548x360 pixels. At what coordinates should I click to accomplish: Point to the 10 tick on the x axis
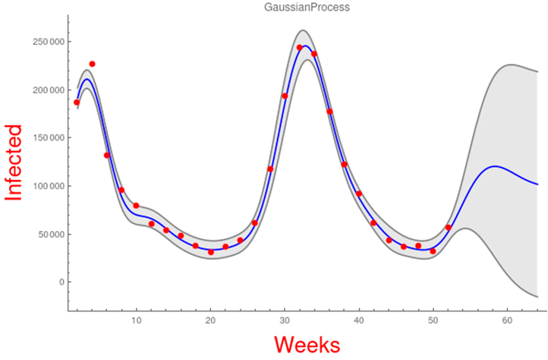[137, 321]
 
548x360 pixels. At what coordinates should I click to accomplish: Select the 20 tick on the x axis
[210, 321]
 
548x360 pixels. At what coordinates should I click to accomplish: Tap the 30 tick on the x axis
[285, 321]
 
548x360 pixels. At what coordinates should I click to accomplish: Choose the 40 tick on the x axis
[359, 321]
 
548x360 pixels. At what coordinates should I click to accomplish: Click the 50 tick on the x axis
[433, 321]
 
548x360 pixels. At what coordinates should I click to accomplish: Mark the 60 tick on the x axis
[507, 321]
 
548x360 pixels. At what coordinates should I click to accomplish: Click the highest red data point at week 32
[300, 48]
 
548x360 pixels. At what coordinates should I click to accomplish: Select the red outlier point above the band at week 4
[92, 64]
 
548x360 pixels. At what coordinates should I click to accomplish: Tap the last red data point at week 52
[449, 228]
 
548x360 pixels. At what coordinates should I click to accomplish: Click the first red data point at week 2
[77, 103]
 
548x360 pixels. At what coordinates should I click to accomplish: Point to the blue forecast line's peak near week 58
[495, 166]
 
